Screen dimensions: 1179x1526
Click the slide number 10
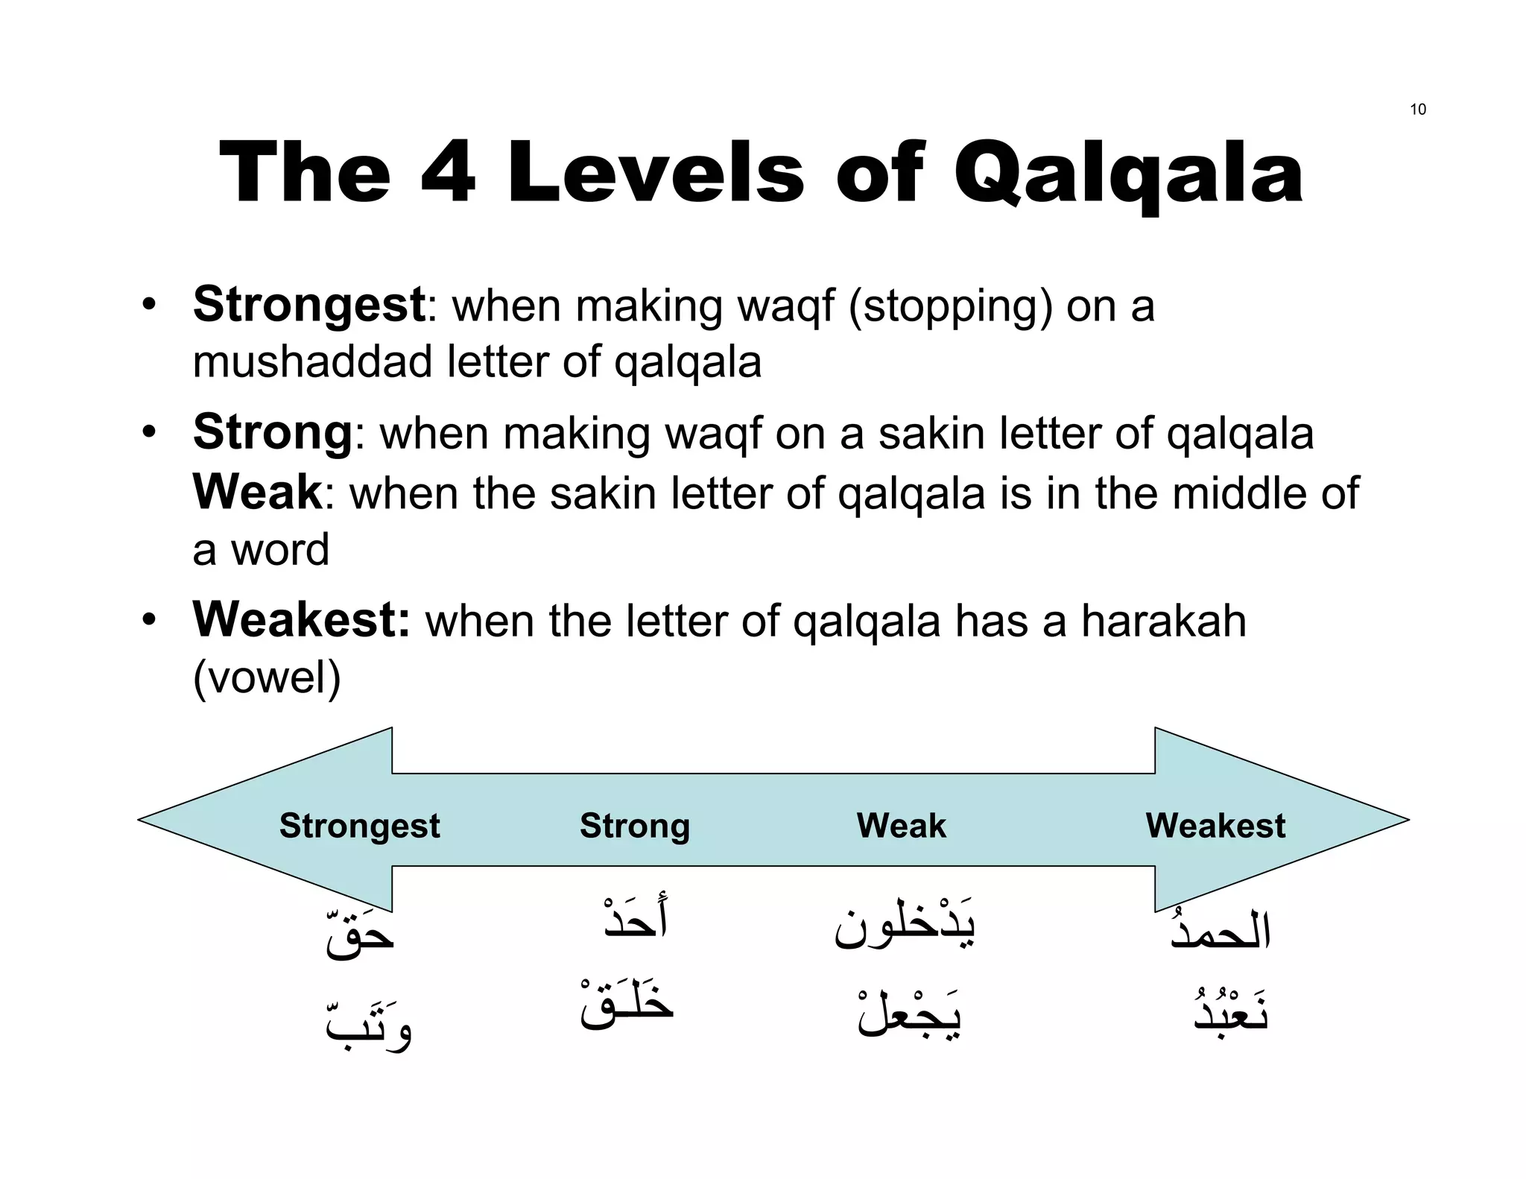pos(1417,110)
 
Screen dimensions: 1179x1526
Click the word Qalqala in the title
pos(1128,174)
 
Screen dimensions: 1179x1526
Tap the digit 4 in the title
pos(449,174)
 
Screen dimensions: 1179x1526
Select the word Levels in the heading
pos(656,174)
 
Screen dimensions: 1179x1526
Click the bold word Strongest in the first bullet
pos(308,305)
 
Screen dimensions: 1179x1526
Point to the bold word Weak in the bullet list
pos(257,493)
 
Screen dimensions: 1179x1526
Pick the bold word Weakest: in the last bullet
pos(301,620)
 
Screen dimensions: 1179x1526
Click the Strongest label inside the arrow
pos(359,826)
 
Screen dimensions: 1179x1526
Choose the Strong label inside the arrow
pos(635,826)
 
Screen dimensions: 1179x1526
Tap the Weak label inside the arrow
pos(901,826)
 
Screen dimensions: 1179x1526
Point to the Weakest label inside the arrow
pos(1215,826)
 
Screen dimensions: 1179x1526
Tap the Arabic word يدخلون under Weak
pos(905,926)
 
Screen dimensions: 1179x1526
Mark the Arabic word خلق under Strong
pos(627,1003)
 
